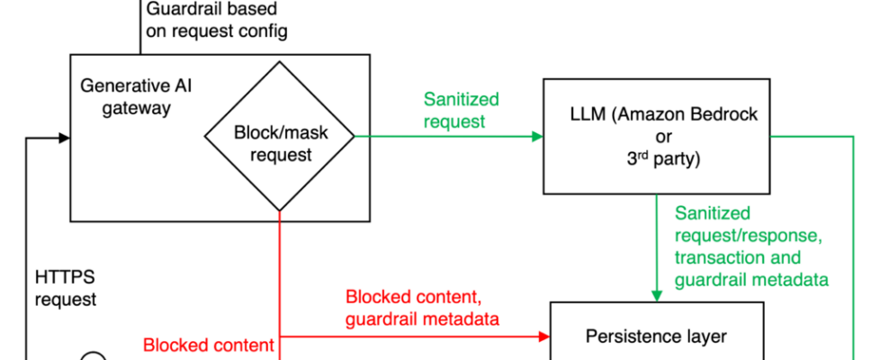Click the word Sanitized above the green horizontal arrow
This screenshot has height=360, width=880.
tap(461, 99)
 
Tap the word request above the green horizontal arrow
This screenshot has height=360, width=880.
tap(453, 121)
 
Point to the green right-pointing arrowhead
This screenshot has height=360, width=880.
tap(537, 137)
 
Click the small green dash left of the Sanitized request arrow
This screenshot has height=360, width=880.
tap(361, 137)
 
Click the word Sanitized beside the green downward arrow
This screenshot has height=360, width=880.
tap(712, 213)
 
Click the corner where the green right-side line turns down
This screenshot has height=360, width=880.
tap(853, 137)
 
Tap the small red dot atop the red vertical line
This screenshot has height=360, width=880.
tap(280, 216)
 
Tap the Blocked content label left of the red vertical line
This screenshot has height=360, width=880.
tap(208, 346)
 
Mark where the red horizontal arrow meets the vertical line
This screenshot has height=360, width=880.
tap(281, 337)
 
